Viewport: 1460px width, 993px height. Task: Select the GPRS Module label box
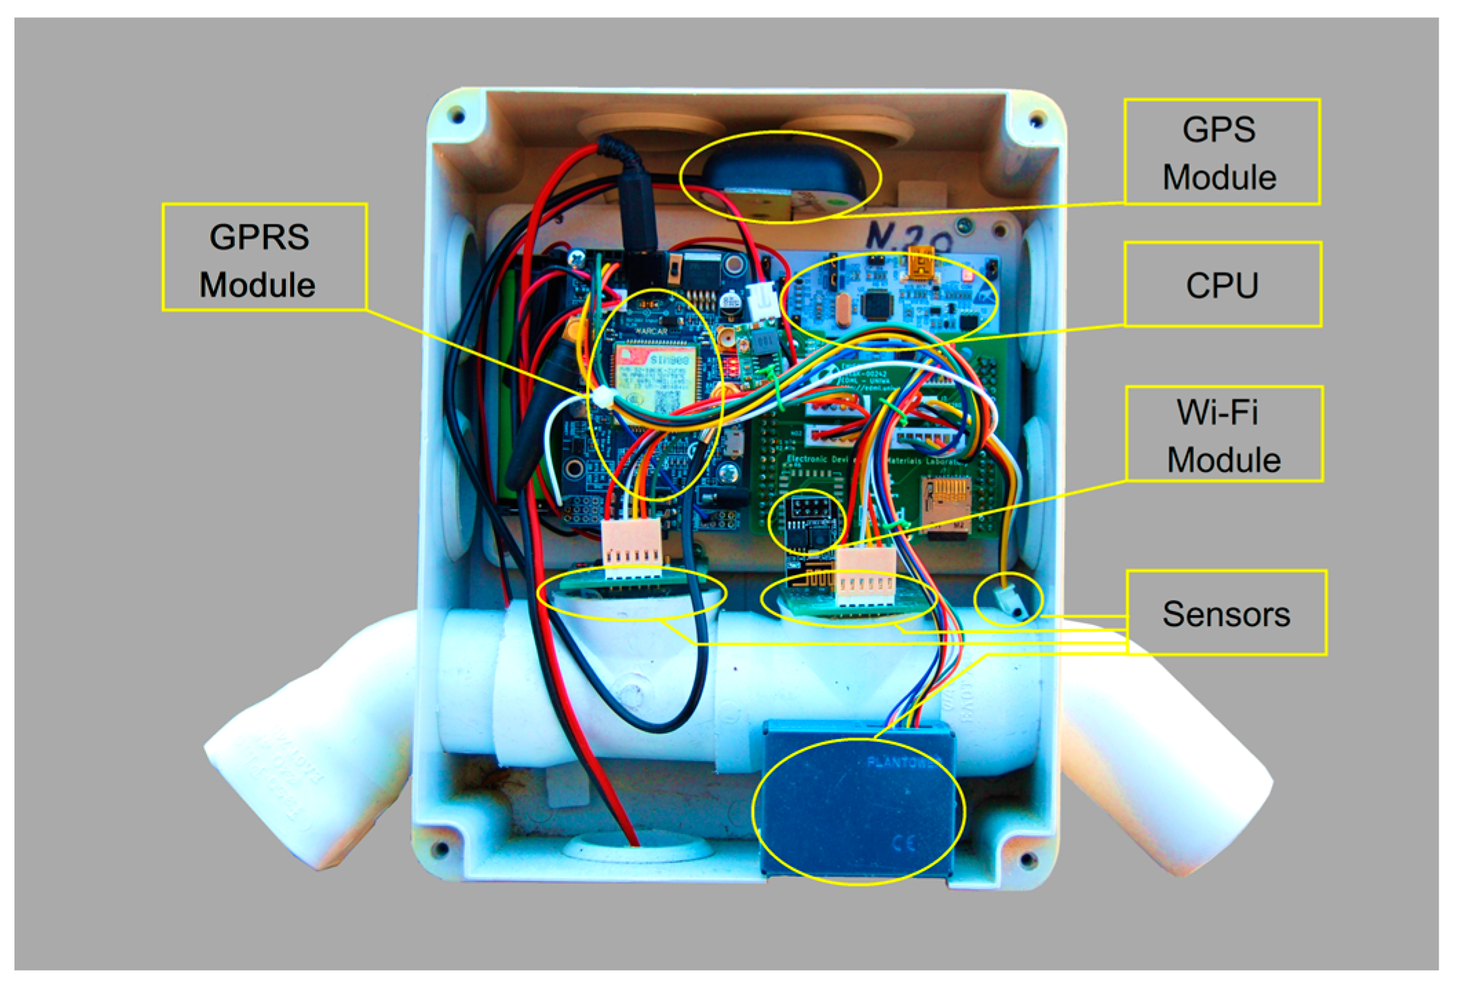click(x=264, y=257)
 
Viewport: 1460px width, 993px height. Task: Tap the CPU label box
click(x=1222, y=284)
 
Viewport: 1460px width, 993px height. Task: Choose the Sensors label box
click(x=1226, y=613)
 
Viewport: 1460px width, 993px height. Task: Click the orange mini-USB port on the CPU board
click(x=921, y=266)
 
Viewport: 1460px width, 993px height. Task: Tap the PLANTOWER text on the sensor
click(x=902, y=762)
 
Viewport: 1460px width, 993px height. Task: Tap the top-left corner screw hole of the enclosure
click(x=456, y=116)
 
